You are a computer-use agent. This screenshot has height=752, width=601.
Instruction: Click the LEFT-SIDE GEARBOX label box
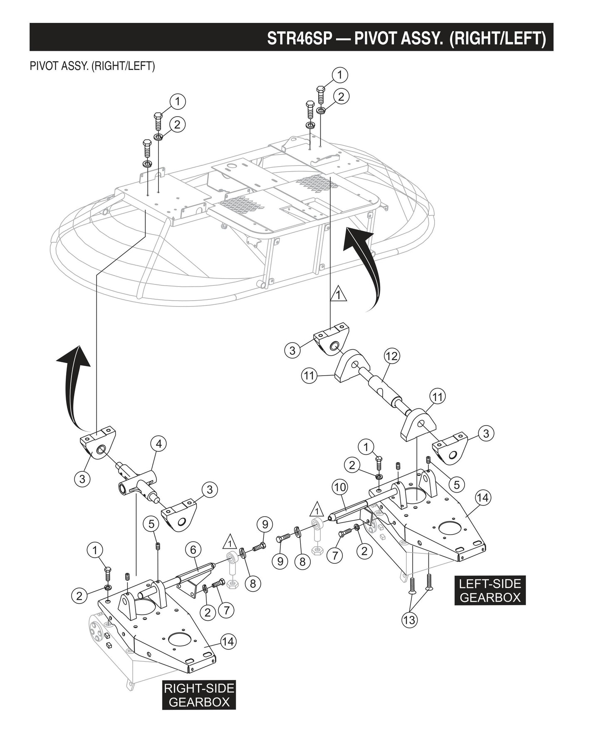tap(490, 590)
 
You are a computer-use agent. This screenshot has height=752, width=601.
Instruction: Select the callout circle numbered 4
tap(159, 444)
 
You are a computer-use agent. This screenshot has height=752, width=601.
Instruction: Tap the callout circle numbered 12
tap(392, 356)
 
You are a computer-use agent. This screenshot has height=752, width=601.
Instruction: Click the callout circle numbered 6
tap(193, 550)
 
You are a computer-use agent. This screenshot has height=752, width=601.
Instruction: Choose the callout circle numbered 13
tap(409, 620)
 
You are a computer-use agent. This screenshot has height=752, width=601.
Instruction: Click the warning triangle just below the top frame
tap(339, 295)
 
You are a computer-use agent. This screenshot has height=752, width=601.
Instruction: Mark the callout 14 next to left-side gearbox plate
tap(483, 497)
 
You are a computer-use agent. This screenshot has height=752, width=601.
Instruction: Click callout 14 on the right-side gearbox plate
tap(228, 641)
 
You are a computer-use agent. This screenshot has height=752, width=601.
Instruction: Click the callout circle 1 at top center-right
tap(340, 75)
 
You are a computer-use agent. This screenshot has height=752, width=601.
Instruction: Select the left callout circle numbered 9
tap(280, 561)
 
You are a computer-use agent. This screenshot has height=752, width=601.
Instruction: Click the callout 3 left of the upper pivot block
tap(292, 350)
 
